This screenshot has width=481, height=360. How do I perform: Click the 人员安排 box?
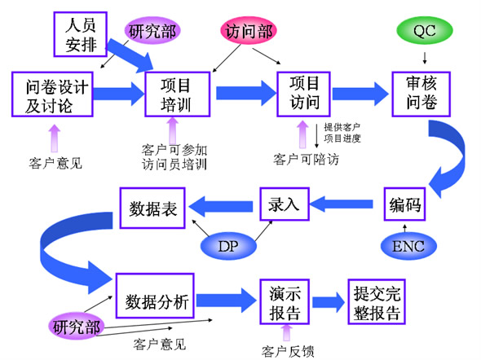click(x=81, y=34)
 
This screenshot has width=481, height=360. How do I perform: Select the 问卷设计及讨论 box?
click(x=52, y=94)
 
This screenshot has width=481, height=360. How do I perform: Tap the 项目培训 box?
click(x=177, y=94)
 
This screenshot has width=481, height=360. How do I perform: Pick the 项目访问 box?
click(x=303, y=94)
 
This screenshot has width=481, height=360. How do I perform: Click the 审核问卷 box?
click(x=421, y=94)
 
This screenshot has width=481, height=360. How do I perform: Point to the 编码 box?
click(x=404, y=204)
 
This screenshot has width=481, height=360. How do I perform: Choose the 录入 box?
click(x=285, y=204)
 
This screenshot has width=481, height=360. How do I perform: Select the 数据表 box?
click(x=152, y=208)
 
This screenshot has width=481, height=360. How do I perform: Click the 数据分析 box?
click(x=155, y=296)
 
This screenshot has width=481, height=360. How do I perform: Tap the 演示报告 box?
click(x=285, y=302)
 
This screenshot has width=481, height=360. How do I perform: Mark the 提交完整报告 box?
click(x=377, y=302)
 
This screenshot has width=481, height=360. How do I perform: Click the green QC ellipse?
click(x=425, y=30)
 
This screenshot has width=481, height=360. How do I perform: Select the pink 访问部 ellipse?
click(x=249, y=30)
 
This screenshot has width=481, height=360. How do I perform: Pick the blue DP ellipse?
click(x=228, y=246)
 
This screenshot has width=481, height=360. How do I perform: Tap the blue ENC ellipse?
click(x=408, y=246)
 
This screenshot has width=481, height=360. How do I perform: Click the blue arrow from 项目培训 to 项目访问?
click(x=246, y=93)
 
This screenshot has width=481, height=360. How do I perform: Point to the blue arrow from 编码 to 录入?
click(x=342, y=204)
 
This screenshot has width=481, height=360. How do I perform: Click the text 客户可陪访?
click(x=306, y=160)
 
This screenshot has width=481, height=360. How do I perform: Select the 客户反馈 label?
click(x=288, y=351)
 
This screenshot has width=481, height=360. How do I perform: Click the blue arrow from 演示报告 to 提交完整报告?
click(x=329, y=302)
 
